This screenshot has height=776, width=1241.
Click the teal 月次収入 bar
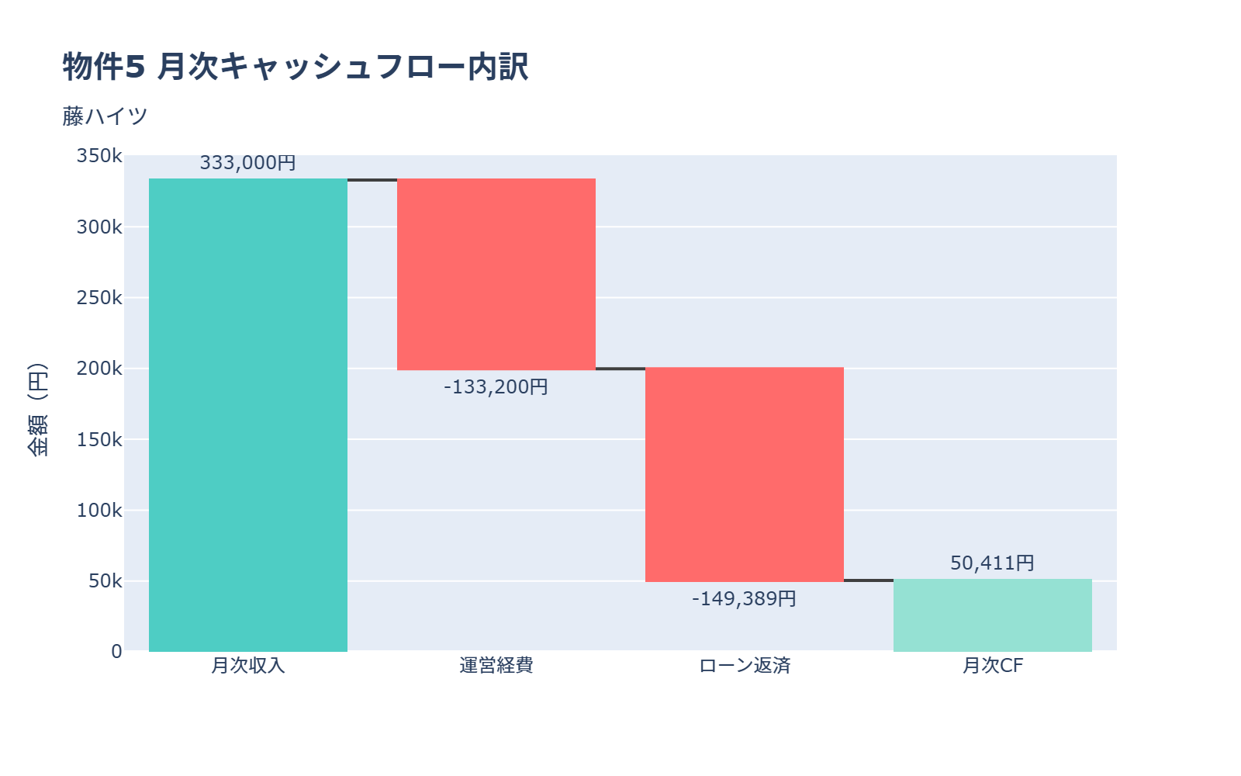coord(248,415)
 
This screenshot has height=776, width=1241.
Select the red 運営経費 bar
coord(496,274)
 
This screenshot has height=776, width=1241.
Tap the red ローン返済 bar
coord(745,474)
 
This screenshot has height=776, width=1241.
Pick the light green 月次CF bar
coord(993,615)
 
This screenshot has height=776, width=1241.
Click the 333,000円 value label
coord(248,163)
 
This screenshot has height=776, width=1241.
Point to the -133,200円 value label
coord(496,386)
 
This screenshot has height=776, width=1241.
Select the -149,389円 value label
coord(745,599)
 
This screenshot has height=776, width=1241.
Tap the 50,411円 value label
coord(993,563)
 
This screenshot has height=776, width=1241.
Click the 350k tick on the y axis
coord(99,156)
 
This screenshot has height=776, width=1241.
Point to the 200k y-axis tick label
coord(99,369)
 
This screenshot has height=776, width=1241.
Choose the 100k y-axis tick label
coord(99,511)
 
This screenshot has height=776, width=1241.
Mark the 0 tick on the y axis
coord(116,652)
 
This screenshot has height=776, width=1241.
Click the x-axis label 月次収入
coord(248,666)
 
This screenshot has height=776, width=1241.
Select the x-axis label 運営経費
coord(496,666)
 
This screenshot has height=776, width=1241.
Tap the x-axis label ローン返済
coord(745,666)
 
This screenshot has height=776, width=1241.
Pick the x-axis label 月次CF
coord(993,666)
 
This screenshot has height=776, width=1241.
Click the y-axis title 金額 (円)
coord(38,409)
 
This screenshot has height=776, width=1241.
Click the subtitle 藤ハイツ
coord(105,116)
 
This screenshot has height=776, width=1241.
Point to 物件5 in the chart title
coord(104,67)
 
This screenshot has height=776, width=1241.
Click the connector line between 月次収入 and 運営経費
coord(372,180)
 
